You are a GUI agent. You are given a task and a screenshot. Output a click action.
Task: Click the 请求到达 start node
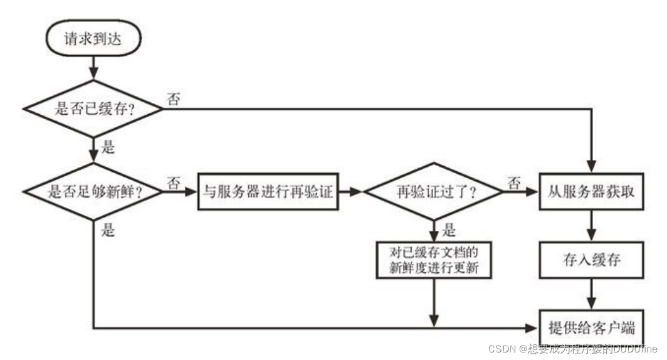tap(93, 40)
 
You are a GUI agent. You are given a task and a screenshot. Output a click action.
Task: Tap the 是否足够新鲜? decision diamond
tap(93, 192)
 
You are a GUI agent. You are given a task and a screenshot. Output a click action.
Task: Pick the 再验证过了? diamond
tap(434, 192)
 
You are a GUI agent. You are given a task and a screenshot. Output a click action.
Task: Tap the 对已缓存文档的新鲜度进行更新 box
tap(434, 260)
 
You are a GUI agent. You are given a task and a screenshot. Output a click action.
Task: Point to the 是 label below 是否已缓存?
tap(108, 148)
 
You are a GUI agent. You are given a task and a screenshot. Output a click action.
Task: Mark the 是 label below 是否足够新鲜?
tap(108, 230)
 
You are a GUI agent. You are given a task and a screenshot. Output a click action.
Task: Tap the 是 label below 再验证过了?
tap(448, 230)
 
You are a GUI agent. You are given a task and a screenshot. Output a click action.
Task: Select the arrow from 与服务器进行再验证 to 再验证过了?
tap(350, 192)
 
